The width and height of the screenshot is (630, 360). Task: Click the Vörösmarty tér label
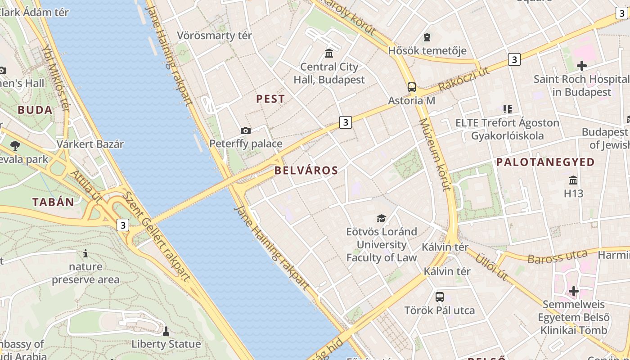[x=214, y=36]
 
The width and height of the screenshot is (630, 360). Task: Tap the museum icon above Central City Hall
[x=329, y=53]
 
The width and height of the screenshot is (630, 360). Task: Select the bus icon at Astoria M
[x=411, y=87]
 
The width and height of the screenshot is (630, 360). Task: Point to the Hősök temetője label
[x=427, y=50]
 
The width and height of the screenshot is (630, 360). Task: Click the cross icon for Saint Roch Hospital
[x=581, y=66]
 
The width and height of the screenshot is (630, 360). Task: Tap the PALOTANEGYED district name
[x=545, y=162]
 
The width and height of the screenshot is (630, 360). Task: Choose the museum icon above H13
[x=573, y=180]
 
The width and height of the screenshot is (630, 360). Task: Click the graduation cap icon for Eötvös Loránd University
[x=381, y=219]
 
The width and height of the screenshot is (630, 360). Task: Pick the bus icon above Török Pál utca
[x=439, y=297]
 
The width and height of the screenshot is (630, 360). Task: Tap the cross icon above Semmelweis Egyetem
[x=573, y=291]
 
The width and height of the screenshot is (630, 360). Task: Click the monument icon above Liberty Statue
[x=166, y=331]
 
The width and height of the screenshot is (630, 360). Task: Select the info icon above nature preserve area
[x=85, y=253]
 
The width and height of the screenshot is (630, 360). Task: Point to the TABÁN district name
[x=53, y=202]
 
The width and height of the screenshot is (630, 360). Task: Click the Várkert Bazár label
[x=90, y=144]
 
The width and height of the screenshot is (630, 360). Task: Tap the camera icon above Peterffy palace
[x=245, y=131]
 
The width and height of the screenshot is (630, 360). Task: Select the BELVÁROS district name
[x=306, y=171]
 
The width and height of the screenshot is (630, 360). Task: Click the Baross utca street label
[x=557, y=257]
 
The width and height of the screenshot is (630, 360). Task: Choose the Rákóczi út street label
[x=463, y=79]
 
